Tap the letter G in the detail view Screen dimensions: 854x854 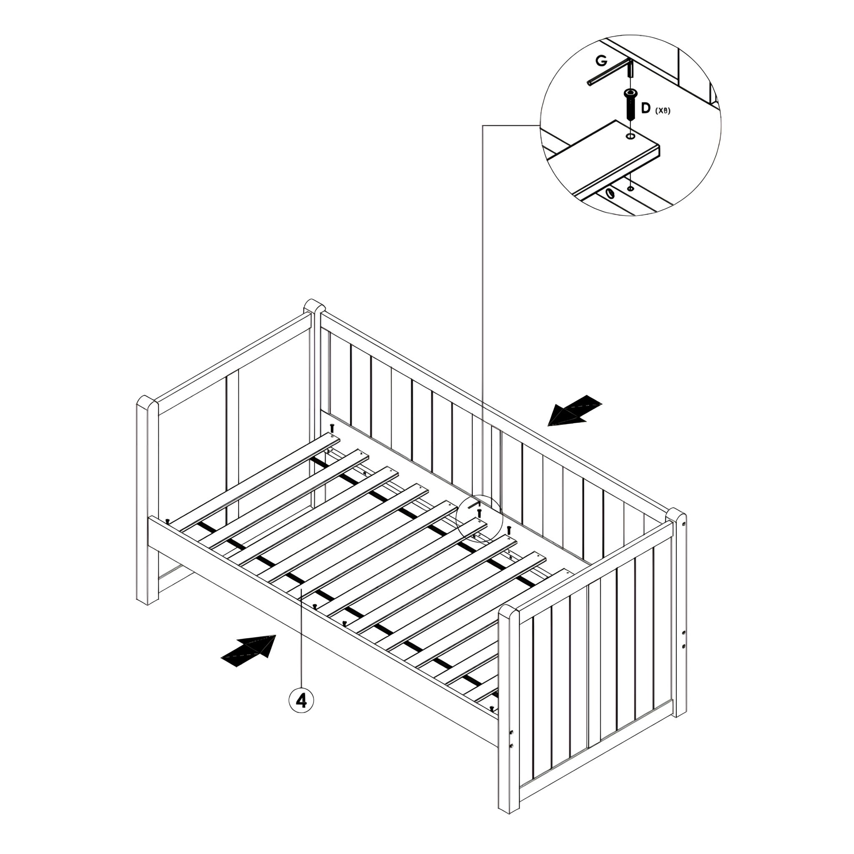(601, 61)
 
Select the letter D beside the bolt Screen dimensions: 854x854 (646, 108)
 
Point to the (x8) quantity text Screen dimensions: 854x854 (663, 111)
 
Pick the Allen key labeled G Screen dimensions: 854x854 (612, 73)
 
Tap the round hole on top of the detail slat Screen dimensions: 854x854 (630, 137)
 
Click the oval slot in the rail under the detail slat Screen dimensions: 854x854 (610, 193)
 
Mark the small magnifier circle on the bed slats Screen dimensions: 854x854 (480, 518)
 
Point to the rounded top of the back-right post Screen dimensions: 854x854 (676, 515)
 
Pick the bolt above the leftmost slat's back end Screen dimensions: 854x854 (332, 427)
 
